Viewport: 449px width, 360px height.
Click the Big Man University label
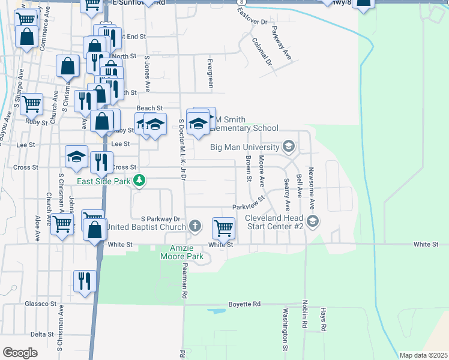(244, 146)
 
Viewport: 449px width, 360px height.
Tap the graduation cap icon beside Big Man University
(288, 146)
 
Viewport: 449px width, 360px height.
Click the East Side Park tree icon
(140, 180)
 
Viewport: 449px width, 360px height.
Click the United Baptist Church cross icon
(194, 226)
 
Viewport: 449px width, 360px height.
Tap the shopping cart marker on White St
(223, 228)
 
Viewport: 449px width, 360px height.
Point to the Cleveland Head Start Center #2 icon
(314, 222)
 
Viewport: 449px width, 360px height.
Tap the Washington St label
(286, 329)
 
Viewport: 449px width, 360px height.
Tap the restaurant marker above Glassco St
(84, 281)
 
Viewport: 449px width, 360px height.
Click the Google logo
(20, 353)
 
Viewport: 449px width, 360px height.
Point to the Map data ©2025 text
(423, 355)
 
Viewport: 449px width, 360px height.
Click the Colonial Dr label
(262, 52)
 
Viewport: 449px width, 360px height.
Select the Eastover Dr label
(252, 22)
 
